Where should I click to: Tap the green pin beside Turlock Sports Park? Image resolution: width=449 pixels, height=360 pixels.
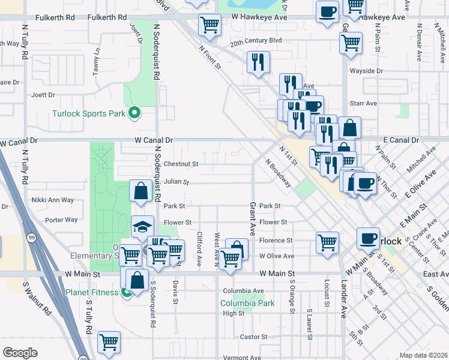pos(135,113)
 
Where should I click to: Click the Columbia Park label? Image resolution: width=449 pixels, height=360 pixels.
pos(247,303)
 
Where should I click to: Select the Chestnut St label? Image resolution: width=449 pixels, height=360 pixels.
pos(181,164)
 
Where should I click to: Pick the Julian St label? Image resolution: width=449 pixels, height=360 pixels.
pos(176,182)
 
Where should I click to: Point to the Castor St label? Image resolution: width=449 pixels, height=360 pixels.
pos(249,337)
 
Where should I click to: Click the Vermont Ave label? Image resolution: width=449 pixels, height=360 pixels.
pos(243,357)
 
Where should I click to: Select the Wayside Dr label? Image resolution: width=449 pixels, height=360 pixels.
pos(366,71)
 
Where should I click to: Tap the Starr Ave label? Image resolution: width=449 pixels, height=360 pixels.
pos(363,103)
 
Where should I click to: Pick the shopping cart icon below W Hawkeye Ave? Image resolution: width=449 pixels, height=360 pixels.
pos(209,25)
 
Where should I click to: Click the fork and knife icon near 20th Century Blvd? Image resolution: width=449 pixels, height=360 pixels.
pos(258,61)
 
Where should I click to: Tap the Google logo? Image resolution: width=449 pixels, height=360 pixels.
pos(20,353)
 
